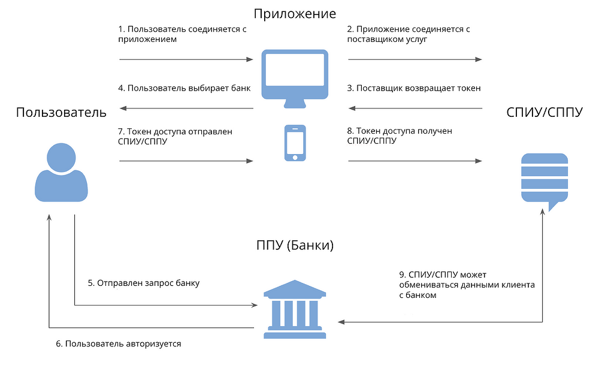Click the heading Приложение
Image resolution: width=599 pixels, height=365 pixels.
click(x=295, y=13)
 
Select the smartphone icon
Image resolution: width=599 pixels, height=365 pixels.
click(x=295, y=143)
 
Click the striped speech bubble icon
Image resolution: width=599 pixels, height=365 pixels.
click(x=544, y=180)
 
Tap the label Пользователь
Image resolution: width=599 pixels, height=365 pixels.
click(x=61, y=112)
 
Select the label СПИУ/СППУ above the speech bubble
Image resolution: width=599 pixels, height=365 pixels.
click(x=544, y=112)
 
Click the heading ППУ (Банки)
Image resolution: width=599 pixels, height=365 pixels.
click(x=295, y=246)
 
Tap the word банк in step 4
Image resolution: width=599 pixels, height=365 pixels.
click(x=239, y=88)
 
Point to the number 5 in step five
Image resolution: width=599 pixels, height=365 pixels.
click(x=90, y=283)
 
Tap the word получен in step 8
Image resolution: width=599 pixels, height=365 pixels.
click(x=443, y=131)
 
